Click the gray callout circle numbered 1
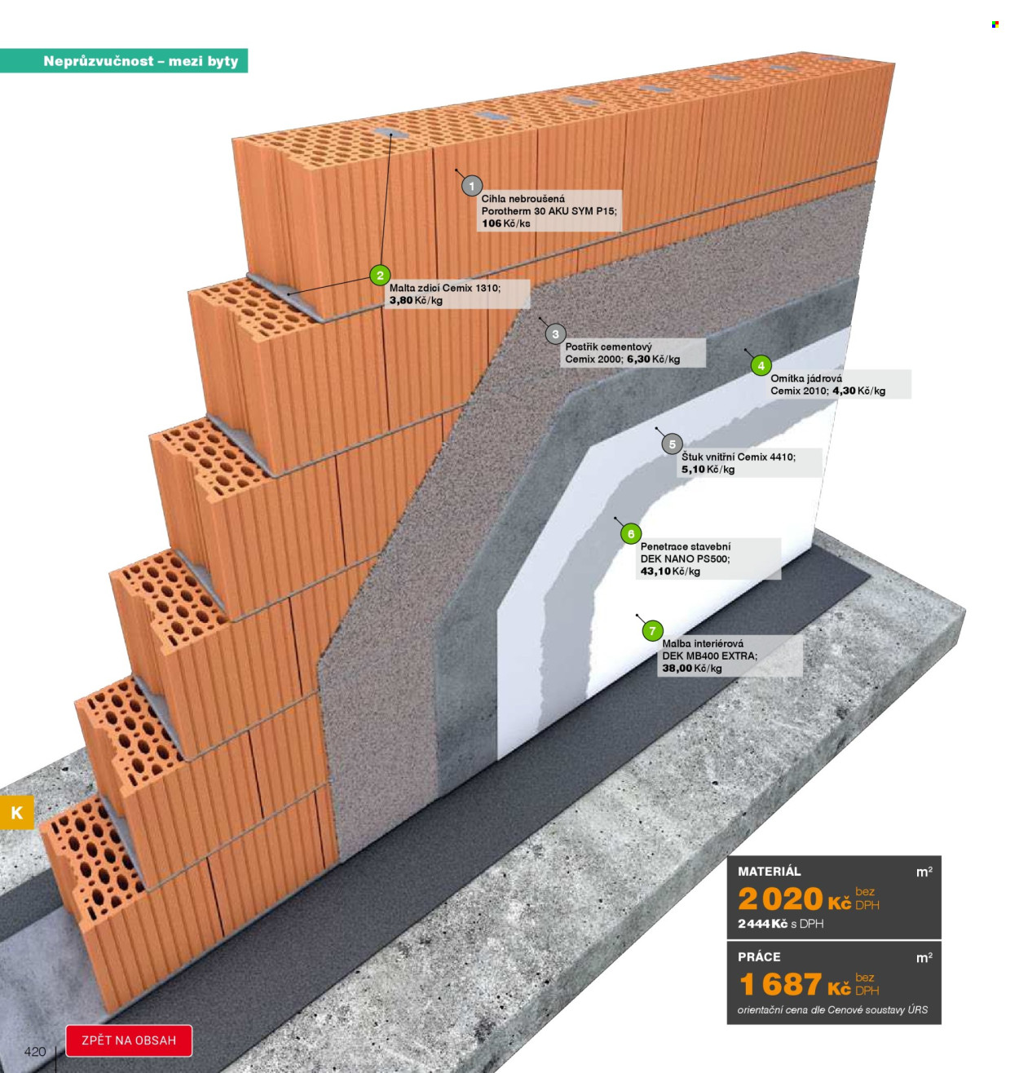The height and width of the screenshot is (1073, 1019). pos(471,186)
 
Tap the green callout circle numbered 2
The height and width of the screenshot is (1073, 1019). pos(380,275)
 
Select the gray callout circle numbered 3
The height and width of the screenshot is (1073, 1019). pos(555,334)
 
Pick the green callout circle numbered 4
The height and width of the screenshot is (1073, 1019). pos(761,365)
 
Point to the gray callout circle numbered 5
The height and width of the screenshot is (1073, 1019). pos(672,444)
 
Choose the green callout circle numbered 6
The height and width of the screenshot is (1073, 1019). pos(631,533)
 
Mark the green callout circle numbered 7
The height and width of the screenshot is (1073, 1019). pos(652,631)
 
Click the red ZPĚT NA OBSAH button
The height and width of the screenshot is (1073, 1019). pos(129,1040)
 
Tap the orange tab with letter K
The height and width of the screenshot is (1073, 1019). pos(16,812)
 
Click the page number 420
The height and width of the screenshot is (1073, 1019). pos(35,1052)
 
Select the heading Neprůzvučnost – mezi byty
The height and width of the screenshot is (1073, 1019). pos(141,60)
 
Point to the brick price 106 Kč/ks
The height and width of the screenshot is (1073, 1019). pos(505,223)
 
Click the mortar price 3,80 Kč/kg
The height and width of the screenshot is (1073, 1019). pos(416,300)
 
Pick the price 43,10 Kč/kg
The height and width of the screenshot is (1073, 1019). pos(670,571)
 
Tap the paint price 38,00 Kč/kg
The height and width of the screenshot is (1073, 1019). pos(691,668)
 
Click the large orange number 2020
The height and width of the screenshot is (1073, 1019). pos(779,899)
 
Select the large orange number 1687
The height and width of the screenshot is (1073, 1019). pos(779,984)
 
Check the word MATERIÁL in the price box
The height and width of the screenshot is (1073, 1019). pos(769,871)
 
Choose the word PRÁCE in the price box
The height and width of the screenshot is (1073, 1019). pos(759,956)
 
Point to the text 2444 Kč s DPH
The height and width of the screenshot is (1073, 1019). pos(780,924)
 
